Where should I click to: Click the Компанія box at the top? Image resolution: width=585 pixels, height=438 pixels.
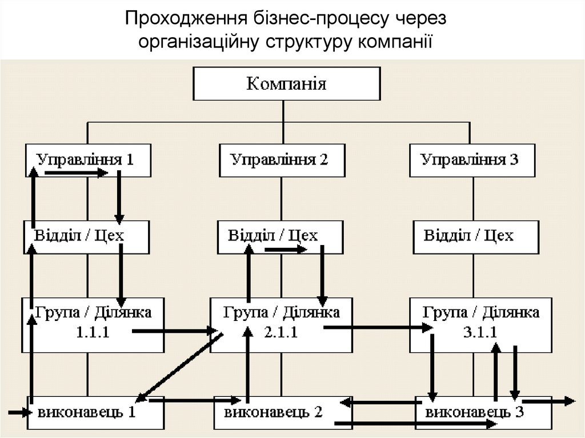pos(286,85)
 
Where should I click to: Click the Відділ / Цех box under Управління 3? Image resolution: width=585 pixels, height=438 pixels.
pos(475,236)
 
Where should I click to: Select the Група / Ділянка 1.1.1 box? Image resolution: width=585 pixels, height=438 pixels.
pos(93,324)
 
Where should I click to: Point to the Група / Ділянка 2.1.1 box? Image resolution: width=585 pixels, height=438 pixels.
pos(281,324)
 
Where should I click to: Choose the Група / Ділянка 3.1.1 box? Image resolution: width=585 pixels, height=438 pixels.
pos(481,324)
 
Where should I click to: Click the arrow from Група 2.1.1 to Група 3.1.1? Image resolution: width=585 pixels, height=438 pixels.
pos(378,328)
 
